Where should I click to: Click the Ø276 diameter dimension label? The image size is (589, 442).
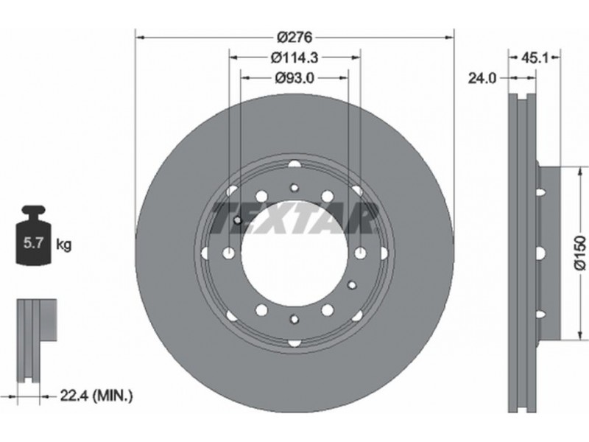pyautogui.click(x=294, y=38)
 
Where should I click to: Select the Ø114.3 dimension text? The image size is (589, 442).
pyautogui.click(x=294, y=57)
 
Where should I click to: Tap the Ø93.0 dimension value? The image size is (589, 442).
pyautogui.click(x=294, y=78)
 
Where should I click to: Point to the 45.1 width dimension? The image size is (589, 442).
pyautogui.click(x=535, y=57)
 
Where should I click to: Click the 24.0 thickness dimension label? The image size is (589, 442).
pyautogui.click(x=482, y=78)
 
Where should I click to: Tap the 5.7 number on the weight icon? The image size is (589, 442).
pyautogui.click(x=32, y=243)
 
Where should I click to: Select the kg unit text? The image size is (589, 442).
pyautogui.click(x=63, y=245)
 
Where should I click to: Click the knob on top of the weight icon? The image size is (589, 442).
pyautogui.click(x=33, y=211)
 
